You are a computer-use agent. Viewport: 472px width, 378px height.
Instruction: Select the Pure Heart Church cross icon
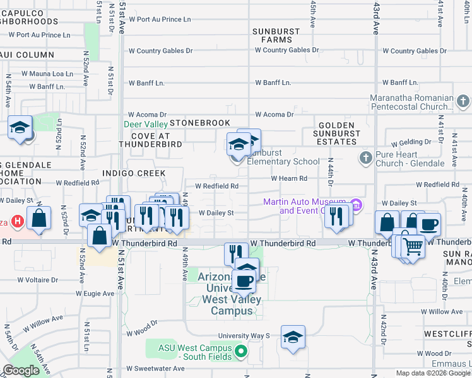[x=365, y=158]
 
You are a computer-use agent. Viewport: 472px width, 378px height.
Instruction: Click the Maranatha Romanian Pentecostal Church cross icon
[x=463, y=101]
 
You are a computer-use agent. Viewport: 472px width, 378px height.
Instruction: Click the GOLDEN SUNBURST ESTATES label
[x=336, y=134]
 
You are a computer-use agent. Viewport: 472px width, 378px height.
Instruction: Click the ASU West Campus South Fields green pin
[x=239, y=351]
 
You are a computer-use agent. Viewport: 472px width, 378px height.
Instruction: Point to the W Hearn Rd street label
[x=288, y=179]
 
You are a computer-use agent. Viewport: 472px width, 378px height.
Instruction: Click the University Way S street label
[x=244, y=336]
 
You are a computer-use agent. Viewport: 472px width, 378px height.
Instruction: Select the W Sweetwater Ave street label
[x=154, y=369]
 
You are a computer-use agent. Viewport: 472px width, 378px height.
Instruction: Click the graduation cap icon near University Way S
[x=293, y=338]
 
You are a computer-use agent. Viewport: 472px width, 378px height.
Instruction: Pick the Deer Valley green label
[x=146, y=124]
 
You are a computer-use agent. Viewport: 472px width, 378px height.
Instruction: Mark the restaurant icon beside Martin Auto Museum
[x=337, y=216]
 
